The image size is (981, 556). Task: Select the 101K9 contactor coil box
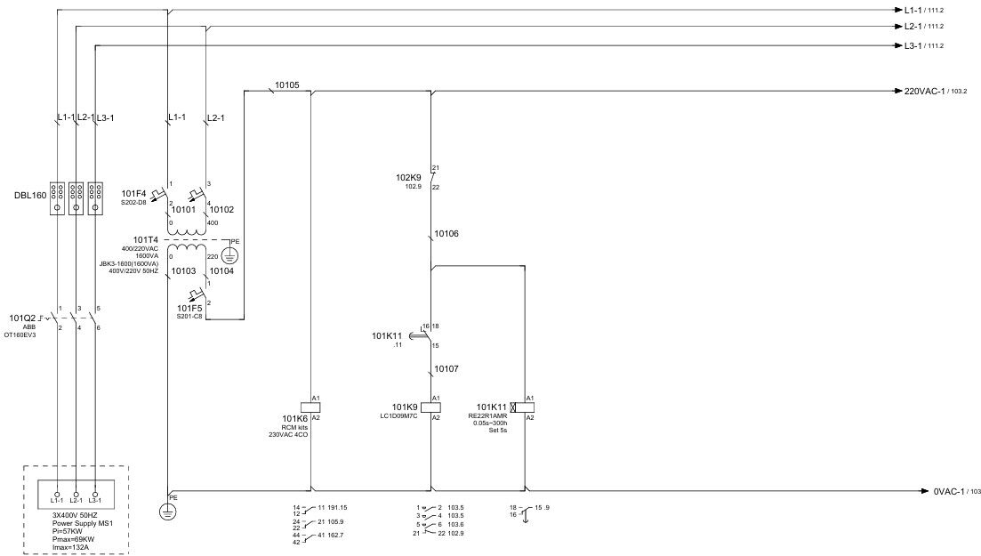[430, 406]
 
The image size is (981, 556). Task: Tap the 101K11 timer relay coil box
[524, 406]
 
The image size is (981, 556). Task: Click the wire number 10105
[286, 85]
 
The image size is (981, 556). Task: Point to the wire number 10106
[446, 234]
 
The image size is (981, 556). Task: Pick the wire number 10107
[446, 367]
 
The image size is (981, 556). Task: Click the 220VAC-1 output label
[925, 91]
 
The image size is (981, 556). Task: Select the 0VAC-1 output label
[952, 491]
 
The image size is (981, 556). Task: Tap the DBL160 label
[32, 195]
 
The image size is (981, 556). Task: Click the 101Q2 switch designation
[22, 318]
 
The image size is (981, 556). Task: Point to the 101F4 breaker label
[133, 193]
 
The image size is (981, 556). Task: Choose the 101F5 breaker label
[189, 308]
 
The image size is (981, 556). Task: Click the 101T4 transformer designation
[146, 239]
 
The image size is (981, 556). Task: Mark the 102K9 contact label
[408, 177]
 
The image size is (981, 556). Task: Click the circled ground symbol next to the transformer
[229, 255]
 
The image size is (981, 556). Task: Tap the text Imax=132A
[75, 548]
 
